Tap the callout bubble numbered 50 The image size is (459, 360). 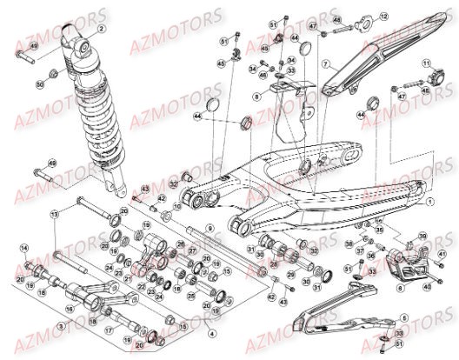(x=40, y=83)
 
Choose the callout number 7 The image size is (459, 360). (x=323, y=65)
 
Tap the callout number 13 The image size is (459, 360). (x=54, y=213)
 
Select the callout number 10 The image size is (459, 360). (x=176, y=208)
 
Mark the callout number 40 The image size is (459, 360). (x=426, y=285)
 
